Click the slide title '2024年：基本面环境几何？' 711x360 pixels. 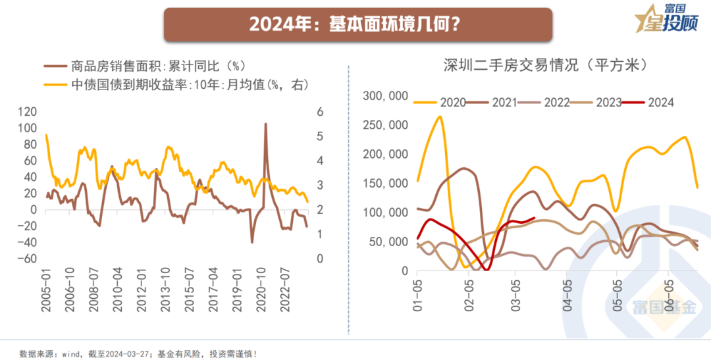coord(356,24)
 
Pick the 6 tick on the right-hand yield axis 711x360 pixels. coord(320,112)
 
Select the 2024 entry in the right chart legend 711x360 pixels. coord(660,102)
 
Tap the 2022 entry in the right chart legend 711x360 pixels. coord(556,102)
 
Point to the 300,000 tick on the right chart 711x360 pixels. coord(386,96)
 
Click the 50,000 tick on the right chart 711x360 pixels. coord(389,242)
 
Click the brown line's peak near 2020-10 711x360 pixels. coord(265,124)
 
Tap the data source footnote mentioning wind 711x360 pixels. coord(139,353)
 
